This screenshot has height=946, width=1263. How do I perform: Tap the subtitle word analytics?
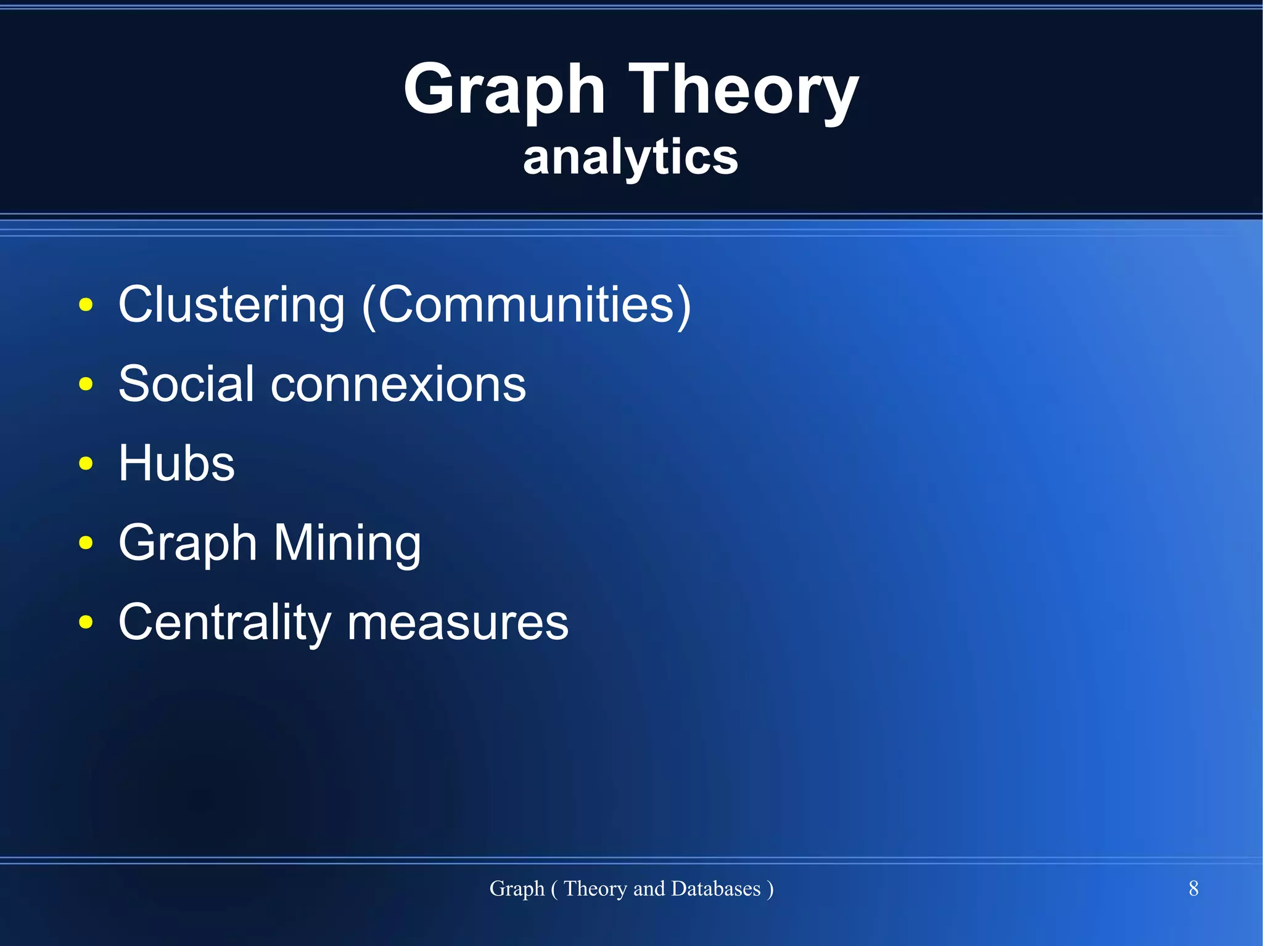click(630, 157)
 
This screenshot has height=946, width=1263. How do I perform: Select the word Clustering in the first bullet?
click(231, 304)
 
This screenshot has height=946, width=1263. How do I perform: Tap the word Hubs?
click(176, 463)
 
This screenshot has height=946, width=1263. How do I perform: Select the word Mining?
click(347, 543)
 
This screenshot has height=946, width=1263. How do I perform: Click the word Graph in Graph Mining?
click(187, 543)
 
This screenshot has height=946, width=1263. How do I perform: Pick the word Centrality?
click(224, 622)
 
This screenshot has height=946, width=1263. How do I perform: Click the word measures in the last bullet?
click(458, 622)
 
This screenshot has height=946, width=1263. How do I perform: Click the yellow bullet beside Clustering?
click(86, 304)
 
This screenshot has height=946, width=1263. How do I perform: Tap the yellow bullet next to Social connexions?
click(86, 384)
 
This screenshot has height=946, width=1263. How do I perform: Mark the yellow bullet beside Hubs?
click(86, 463)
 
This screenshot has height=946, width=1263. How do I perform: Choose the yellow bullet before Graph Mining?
click(86, 543)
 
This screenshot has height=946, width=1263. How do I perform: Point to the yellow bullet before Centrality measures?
click(86, 622)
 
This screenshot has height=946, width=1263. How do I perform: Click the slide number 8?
click(1193, 889)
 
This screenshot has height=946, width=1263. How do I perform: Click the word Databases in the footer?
click(715, 889)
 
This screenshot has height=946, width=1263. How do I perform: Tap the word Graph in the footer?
click(517, 889)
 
